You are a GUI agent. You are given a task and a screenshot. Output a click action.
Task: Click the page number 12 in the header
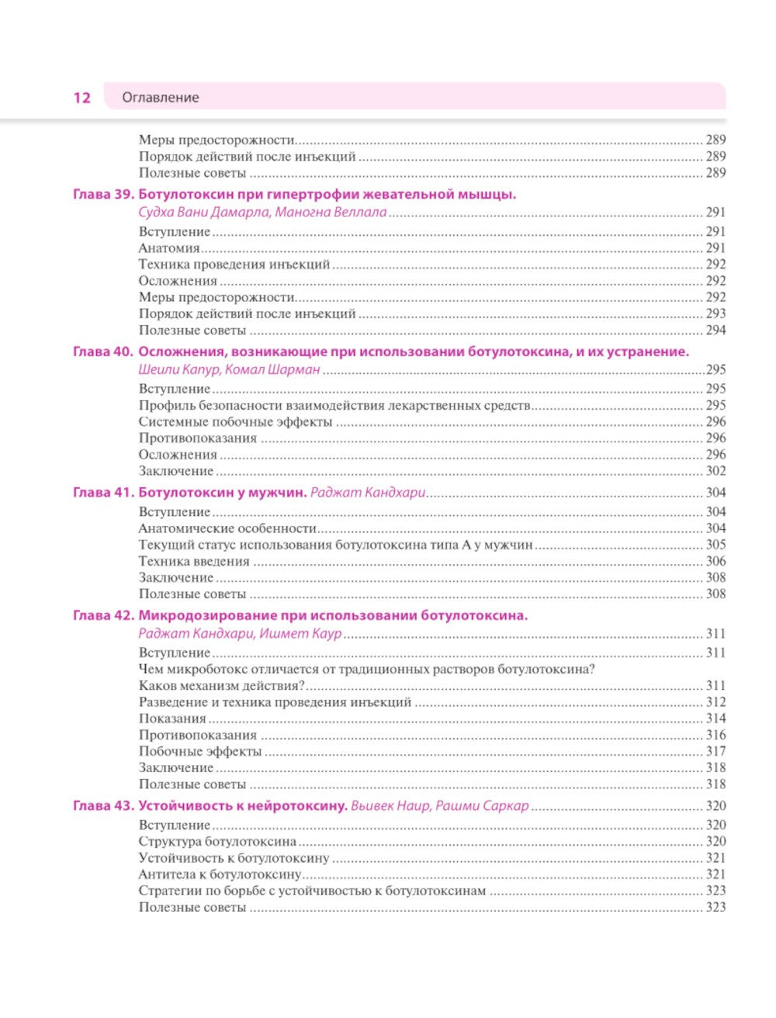click(x=81, y=98)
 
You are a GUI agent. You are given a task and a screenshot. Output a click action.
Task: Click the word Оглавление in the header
click(x=161, y=98)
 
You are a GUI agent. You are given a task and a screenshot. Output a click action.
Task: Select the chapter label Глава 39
click(x=103, y=195)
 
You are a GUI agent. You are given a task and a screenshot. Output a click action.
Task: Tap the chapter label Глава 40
click(x=103, y=351)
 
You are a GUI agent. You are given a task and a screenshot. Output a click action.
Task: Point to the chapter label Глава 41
click(x=103, y=493)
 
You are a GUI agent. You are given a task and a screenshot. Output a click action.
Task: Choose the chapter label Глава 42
click(x=103, y=616)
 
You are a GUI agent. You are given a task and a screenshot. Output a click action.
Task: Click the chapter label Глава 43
click(x=103, y=806)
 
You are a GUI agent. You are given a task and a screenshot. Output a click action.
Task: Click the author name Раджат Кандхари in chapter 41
click(x=368, y=493)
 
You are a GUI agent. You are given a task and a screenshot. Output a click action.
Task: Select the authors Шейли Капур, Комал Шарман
click(x=229, y=370)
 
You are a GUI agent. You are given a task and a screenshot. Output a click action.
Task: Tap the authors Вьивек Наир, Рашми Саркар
click(x=439, y=806)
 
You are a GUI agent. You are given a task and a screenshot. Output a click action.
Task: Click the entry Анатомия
click(x=169, y=248)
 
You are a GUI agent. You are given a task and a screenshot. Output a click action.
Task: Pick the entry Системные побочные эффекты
click(x=235, y=422)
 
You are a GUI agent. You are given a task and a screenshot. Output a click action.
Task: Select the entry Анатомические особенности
click(x=227, y=528)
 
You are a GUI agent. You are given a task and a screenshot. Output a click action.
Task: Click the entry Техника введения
click(x=194, y=561)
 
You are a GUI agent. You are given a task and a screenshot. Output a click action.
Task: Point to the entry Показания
click(x=172, y=718)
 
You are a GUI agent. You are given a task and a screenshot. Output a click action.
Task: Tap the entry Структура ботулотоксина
click(x=217, y=842)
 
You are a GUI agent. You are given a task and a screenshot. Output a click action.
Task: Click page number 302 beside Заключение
click(x=715, y=471)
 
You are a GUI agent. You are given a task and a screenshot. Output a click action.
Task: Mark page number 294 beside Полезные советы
click(x=715, y=331)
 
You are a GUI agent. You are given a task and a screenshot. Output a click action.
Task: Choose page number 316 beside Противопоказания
click(x=715, y=736)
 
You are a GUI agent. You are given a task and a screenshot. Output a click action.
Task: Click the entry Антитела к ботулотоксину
click(x=220, y=874)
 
